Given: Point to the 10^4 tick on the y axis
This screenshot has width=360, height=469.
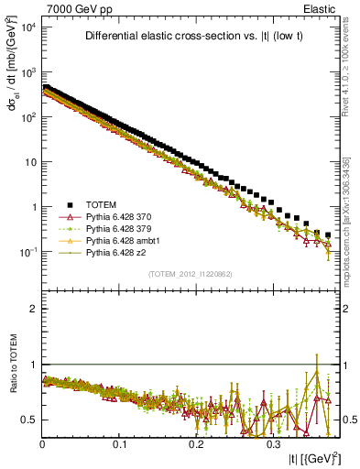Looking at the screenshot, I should pyautogui.click(x=29, y=27).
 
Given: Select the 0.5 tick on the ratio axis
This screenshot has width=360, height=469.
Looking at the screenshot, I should pyautogui.click(x=28, y=420).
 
